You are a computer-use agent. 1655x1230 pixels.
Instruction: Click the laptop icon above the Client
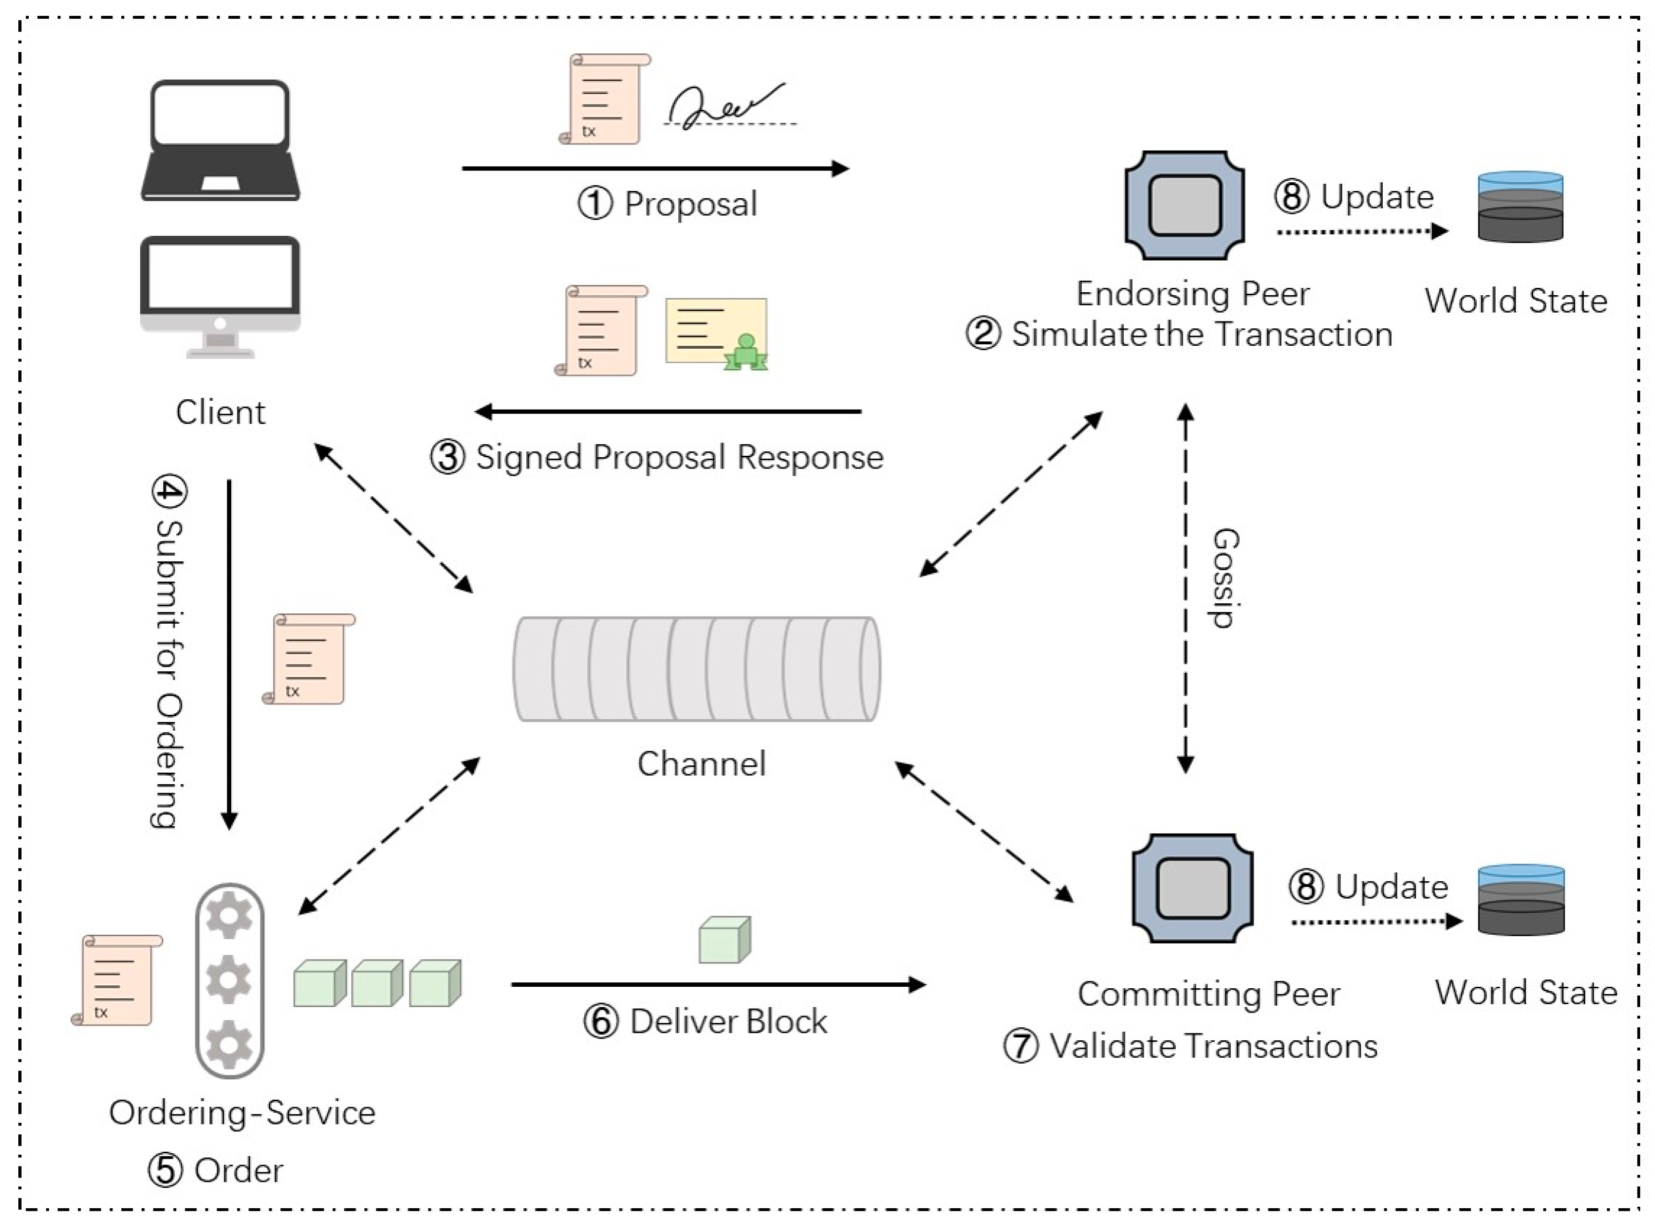coord(220,140)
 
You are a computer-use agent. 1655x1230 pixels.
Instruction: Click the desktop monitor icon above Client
coord(220,296)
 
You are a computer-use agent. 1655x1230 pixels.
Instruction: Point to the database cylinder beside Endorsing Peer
coord(1520,207)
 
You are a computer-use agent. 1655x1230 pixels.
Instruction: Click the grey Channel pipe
coord(697,669)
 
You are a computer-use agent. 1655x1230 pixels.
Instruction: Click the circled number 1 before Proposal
coord(596,203)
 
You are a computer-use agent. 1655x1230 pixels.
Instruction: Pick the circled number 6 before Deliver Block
coord(602,1021)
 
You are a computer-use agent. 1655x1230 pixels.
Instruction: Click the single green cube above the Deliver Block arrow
coord(725,940)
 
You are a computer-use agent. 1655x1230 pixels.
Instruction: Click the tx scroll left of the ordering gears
coord(117,980)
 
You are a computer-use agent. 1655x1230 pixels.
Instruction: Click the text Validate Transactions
coord(1213,1046)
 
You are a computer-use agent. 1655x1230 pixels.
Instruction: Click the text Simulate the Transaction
coord(1202,334)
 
